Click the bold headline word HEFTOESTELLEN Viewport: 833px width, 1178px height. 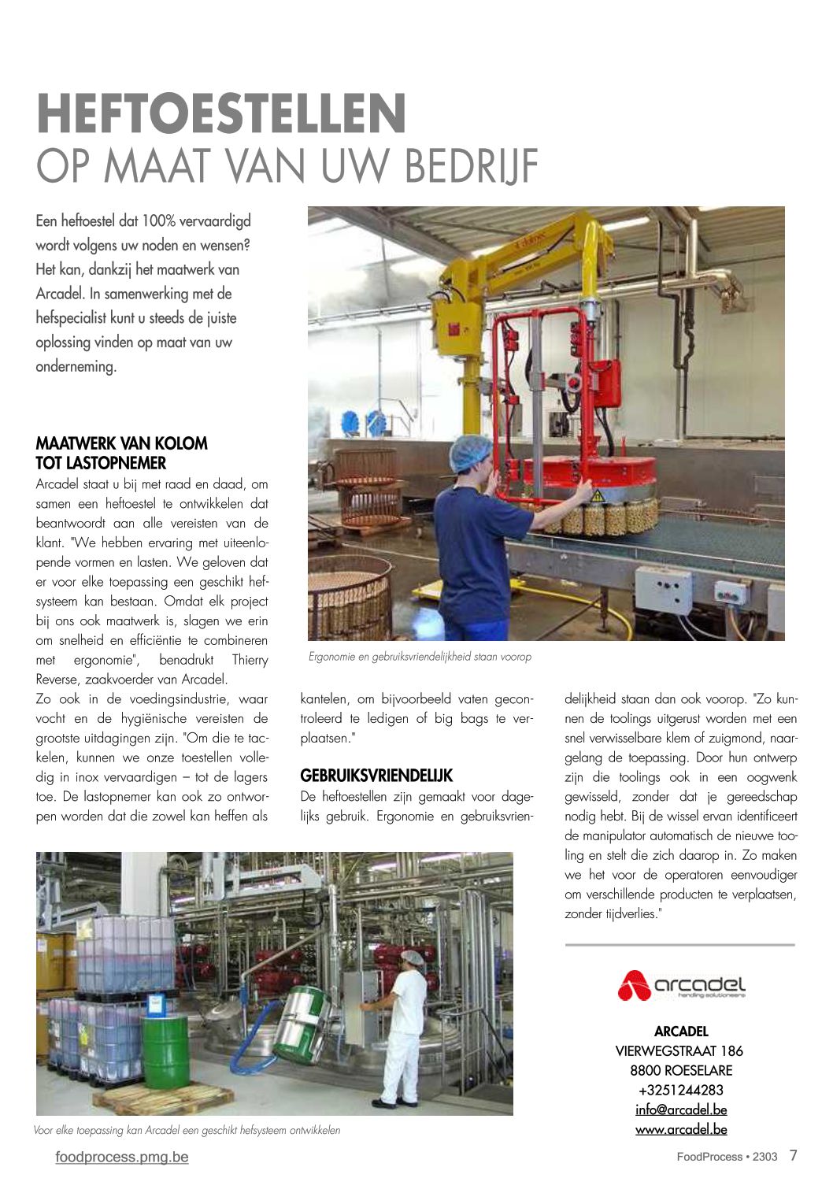click(221, 114)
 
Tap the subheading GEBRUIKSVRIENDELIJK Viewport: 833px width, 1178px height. click(376, 776)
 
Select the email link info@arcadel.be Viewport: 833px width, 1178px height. click(681, 1109)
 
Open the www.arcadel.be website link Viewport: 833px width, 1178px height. click(681, 1129)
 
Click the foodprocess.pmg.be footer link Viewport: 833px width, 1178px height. click(122, 1157)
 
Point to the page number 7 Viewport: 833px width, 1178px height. click(794, 1155)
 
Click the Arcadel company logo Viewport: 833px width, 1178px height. click(681, 984)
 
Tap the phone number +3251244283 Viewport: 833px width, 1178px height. click(681, 1090)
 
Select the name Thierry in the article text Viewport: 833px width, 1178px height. click(250, 660)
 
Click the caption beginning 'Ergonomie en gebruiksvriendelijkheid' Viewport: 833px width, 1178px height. click(420, 657)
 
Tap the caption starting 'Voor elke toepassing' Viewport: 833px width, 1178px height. click(187, 1131)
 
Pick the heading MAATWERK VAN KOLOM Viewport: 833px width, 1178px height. click(122, 443)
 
